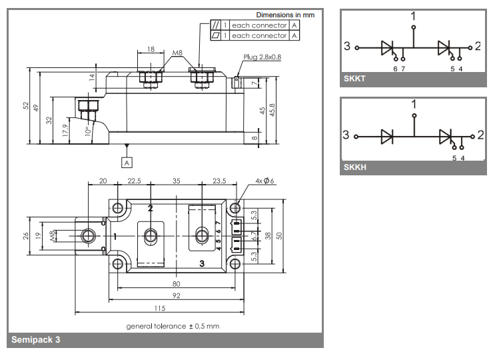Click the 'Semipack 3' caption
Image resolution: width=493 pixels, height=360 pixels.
[x=35, y=340]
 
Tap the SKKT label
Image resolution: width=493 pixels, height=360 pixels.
[x=355, y=79]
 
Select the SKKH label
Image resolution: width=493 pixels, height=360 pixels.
[x=355, y=167]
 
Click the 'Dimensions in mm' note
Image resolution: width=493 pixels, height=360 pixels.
[x=285, y=15]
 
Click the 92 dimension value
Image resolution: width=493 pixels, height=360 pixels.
[x=177, y=295]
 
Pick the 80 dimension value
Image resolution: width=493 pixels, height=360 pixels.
[x=177, y=283]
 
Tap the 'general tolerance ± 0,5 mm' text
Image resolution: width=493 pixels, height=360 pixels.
[x=173, y=326]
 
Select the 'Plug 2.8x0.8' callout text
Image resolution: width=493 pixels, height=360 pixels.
[x=262, y=57]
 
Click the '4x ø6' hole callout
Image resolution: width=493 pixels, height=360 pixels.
[x=264, y=182]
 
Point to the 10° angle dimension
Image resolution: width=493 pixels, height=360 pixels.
[x=87, y=131]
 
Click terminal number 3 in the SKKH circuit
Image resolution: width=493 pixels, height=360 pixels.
[x=346, y=135]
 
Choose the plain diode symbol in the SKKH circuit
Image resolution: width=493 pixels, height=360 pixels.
[x=387, y=136]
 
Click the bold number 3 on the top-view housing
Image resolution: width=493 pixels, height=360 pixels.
[x=202, y=264]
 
